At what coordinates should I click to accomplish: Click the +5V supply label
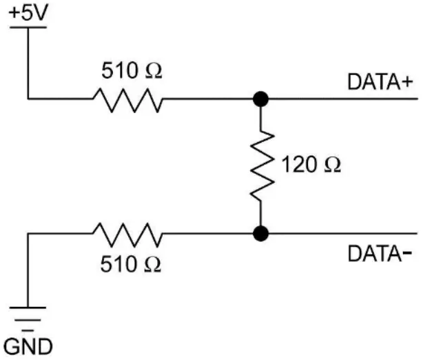coord(28,12)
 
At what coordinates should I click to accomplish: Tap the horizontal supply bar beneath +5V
coord(28,28)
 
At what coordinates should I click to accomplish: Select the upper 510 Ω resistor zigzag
coord(128,99)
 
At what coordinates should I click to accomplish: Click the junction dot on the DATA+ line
coord(260,99)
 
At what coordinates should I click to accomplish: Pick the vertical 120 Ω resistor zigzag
coord(260,166)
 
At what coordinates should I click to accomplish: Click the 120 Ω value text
coord(312,166)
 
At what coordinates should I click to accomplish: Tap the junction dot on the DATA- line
coord(260,234)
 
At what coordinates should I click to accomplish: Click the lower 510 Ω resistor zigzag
coord(128,234)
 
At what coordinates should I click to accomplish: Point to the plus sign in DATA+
coord(408,83)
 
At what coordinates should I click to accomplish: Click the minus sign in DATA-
coord(408,254)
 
